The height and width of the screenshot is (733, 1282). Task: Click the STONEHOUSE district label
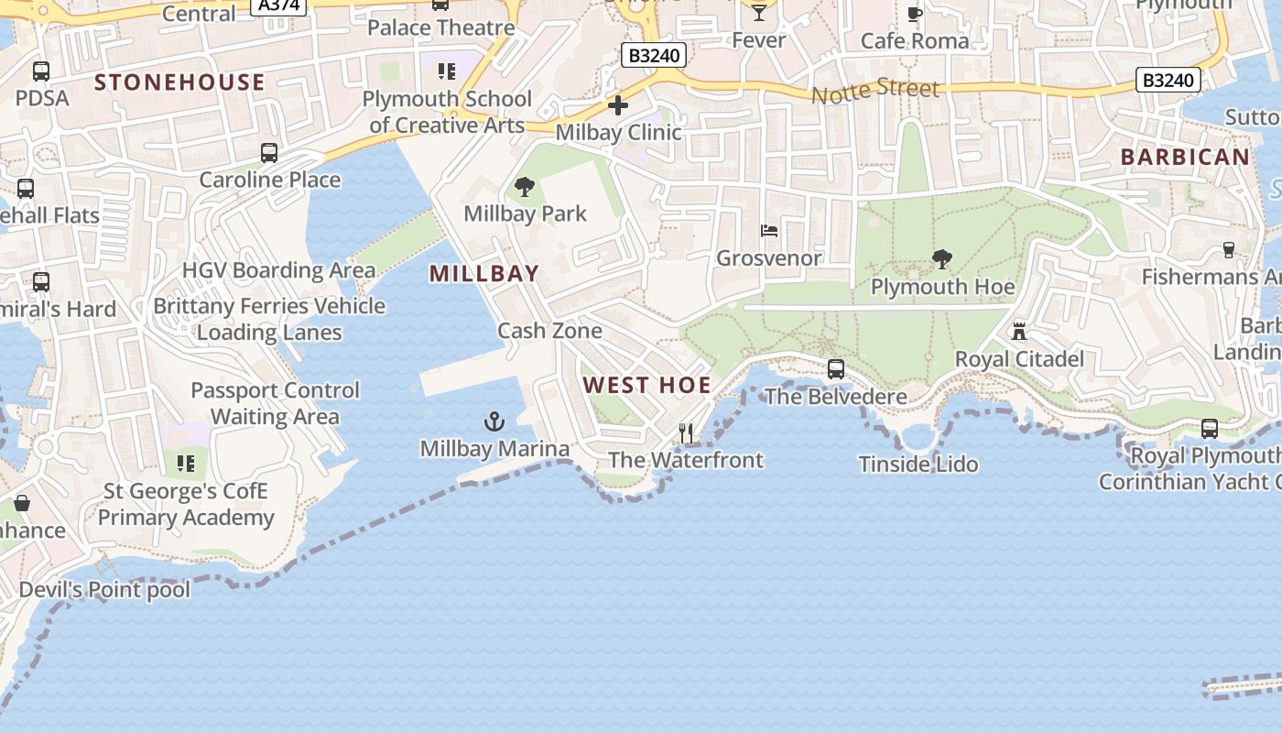click(179, 82)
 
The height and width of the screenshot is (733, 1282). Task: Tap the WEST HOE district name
click(647, 386)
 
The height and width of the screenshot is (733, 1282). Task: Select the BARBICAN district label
click(1185, 158)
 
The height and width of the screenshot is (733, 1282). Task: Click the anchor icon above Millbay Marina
click(494, 421)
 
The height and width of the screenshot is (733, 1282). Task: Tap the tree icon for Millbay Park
click(525, 187)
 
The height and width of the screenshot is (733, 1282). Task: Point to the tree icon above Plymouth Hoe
click(941, 259)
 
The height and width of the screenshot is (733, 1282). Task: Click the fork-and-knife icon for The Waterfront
click(686, 432)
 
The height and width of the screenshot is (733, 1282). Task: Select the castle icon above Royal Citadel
click(1019, 331)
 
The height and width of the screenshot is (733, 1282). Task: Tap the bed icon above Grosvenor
click(769, 231)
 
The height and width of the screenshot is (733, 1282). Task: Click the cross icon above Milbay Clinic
click(618, 105)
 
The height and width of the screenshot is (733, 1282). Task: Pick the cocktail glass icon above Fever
click(758, 13)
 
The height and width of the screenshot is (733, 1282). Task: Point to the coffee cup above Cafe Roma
click(914, 14)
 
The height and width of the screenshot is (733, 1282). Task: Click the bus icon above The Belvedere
click(836, 369)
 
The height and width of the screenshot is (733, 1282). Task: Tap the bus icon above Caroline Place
click(269, 153)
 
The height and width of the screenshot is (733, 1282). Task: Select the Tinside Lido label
click(918, 465)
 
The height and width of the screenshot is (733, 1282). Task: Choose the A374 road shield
click(278, 5)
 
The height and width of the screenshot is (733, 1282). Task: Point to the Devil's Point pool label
click(104, 590)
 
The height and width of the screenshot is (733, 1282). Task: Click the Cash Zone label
click(549, 331)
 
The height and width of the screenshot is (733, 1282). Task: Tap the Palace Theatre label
click(441, 27)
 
